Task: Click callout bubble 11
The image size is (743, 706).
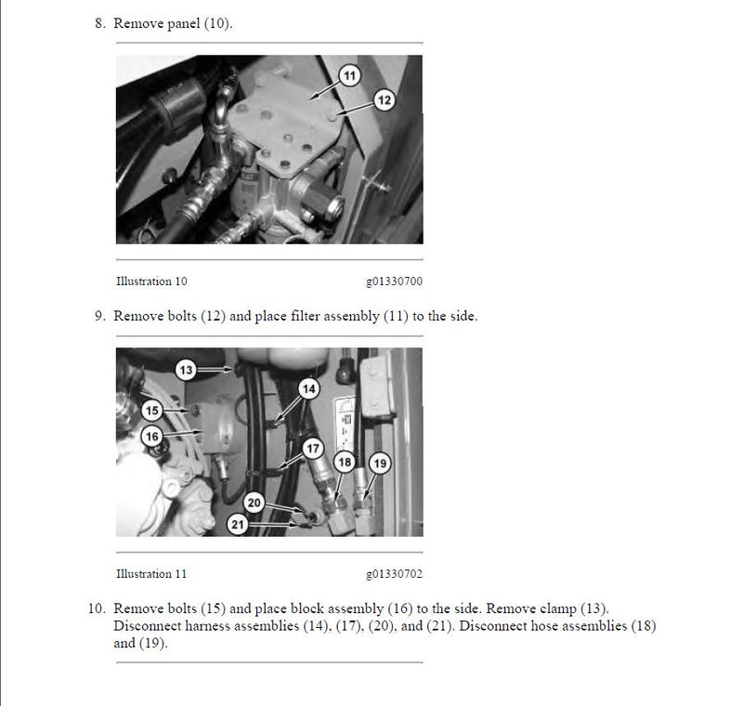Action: pos(350,76)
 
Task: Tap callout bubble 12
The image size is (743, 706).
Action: pos(385,100)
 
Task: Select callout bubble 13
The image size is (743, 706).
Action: pos(186,370)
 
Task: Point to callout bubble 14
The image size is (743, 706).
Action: pos(309,389)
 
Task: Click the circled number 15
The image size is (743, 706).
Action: pos(152,411)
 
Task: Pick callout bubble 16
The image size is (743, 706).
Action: pos(152,437)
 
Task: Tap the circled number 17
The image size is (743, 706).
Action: pos(313,449)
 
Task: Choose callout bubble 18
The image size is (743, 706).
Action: pos(345,462)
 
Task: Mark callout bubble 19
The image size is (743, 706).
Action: pos(380,464)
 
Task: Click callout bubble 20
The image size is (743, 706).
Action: pos(254,503)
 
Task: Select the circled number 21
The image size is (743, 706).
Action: pos(238,525)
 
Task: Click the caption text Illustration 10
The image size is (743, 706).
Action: pos(151,281)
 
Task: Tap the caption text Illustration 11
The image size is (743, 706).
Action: pos(151,574)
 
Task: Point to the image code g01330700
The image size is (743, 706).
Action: pos(394,281)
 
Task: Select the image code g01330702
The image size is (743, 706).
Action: pos(394,574)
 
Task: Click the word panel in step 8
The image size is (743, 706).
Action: pos(184,24)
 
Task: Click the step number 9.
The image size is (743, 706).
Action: pos(100,316)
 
